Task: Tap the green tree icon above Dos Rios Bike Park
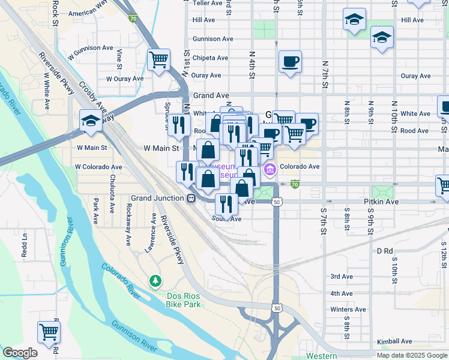pos(155,281)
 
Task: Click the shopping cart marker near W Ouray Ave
pos(159,60)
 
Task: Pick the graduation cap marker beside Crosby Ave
pos(91,121)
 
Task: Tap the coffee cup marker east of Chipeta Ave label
pos(290,62)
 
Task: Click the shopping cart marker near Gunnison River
pos(49,332)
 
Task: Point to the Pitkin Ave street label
pos(381,203)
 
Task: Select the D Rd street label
pos(385,250)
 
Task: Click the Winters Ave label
pos(348,310)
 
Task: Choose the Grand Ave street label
pos(211,95)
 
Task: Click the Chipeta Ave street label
pos(210,58)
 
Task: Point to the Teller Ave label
pos(208,3)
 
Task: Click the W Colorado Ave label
pos(98,167)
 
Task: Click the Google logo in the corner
pos(20,353)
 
